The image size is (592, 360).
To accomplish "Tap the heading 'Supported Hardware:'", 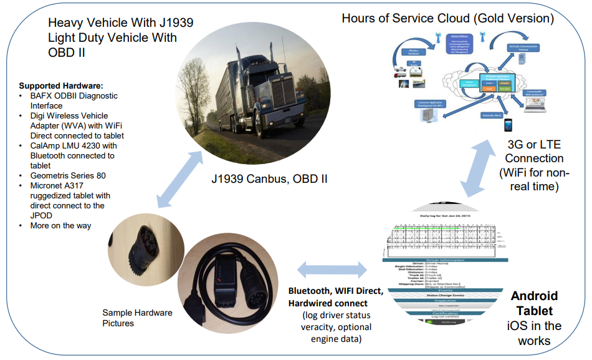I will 61,85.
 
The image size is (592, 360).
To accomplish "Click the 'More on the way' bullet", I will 60,225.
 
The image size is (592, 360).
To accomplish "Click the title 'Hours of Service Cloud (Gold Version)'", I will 447,18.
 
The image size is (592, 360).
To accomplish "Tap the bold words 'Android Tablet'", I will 534,303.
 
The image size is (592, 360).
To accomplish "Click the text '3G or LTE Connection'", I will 534,152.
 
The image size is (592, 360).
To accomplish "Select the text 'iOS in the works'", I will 534,333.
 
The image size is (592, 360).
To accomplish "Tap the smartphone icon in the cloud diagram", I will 508,125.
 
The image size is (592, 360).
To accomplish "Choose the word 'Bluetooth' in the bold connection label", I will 310,291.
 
